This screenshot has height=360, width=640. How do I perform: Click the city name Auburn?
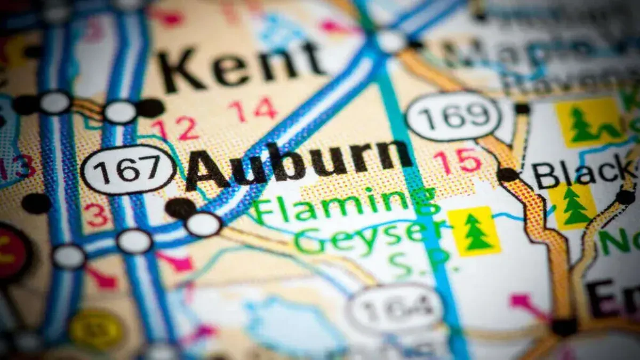[299, 163]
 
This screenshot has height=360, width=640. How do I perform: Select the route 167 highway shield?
[128, 170]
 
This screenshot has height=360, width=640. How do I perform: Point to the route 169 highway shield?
[453, 116]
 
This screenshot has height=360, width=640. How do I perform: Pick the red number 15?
[457, 160]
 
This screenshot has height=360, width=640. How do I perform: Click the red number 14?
[253, 109]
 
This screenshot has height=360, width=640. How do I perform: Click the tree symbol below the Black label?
[573, 206]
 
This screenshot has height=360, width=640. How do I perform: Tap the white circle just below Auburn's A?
[203, 224]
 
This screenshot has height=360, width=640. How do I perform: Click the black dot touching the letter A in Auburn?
[180, 207]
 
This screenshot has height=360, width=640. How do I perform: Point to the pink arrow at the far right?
[525, 304]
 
